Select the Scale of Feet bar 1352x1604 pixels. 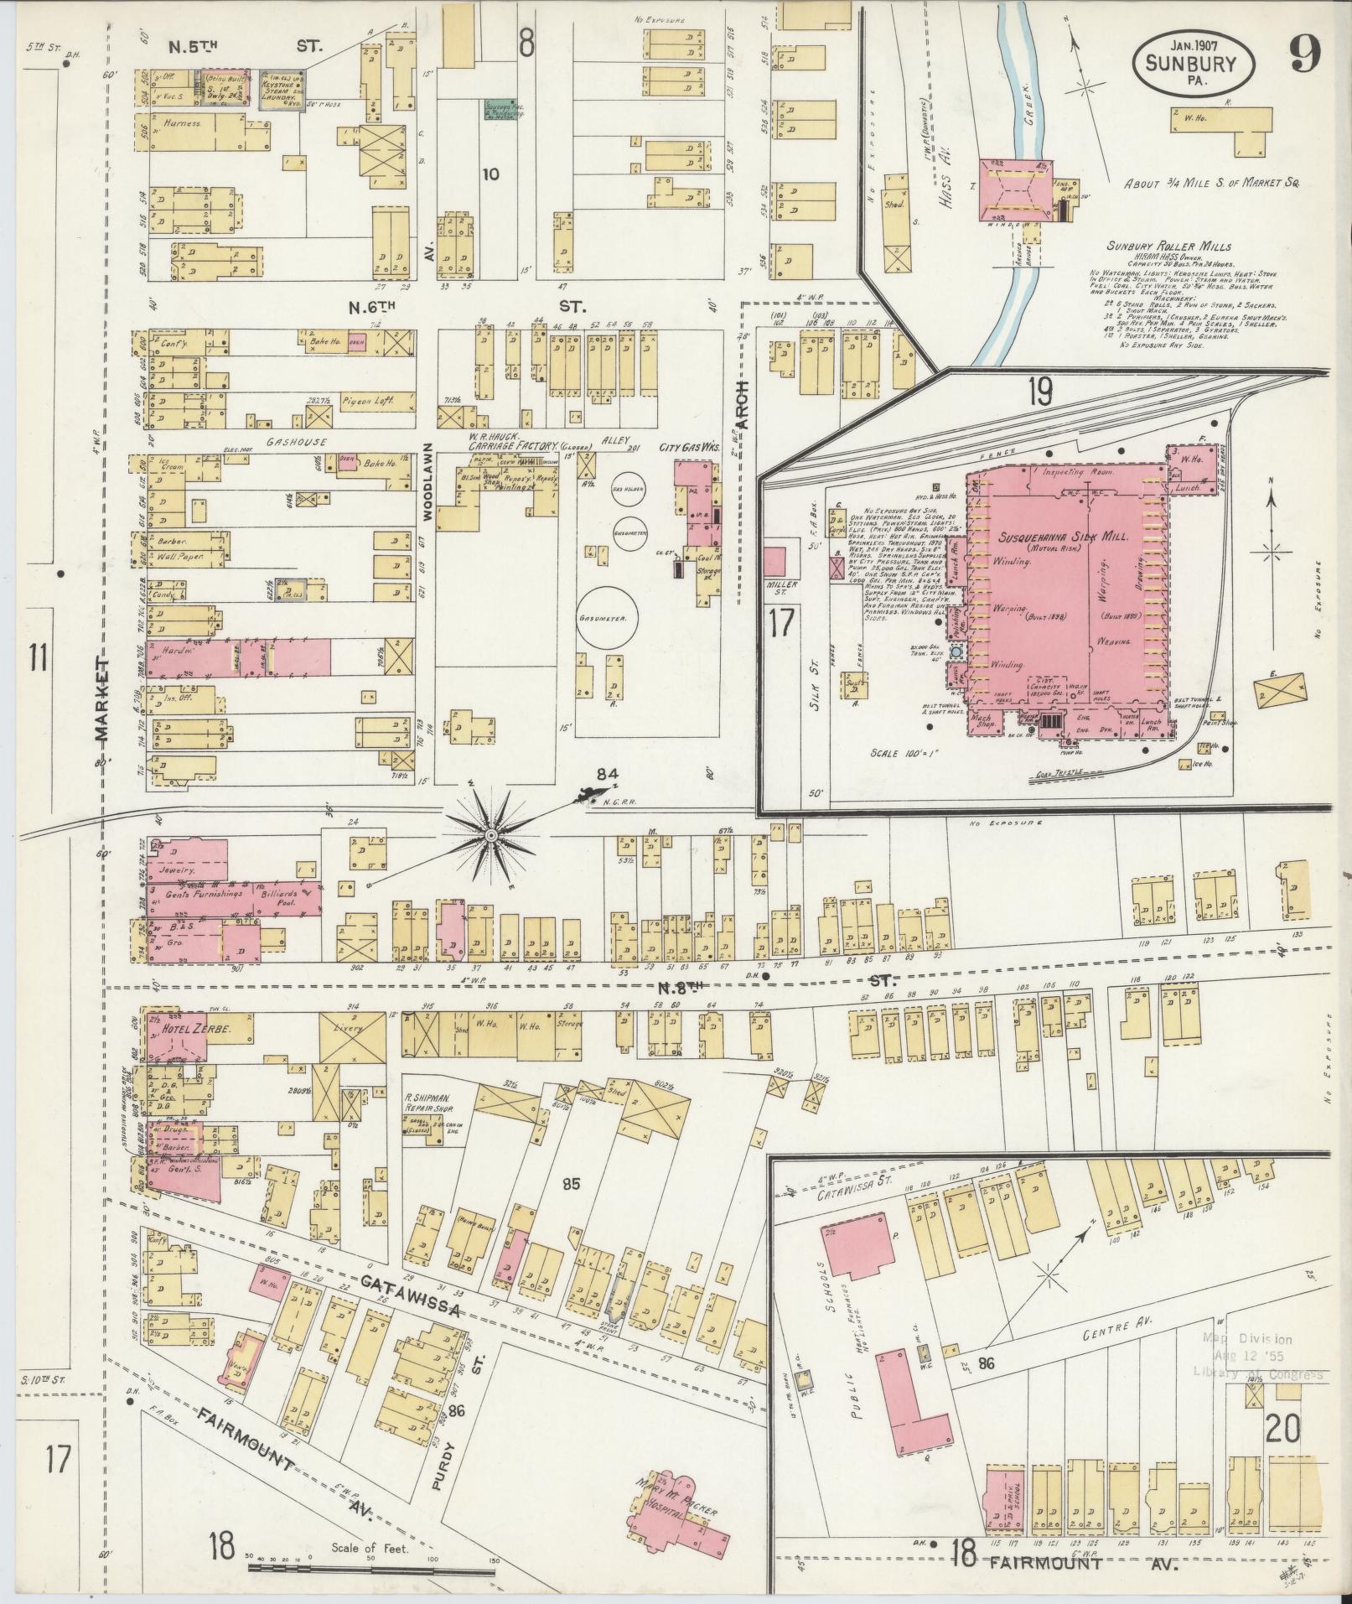(369, 1565)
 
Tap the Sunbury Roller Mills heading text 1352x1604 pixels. (1168, 247)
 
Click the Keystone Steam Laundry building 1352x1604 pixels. (280, 86)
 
